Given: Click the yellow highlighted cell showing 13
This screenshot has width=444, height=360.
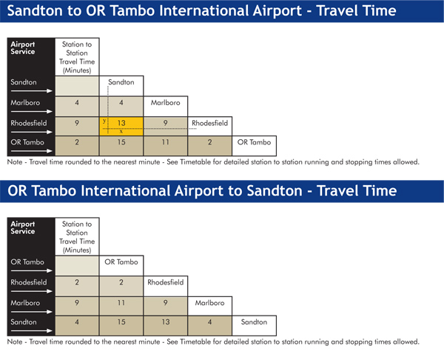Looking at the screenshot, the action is pos(121,126).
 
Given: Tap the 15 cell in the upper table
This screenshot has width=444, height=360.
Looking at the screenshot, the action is pos(121,146).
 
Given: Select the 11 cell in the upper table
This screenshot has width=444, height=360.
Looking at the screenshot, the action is pos(165,146).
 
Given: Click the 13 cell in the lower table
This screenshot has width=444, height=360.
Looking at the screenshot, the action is pos(165,326).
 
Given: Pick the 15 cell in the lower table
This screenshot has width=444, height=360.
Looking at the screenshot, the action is pos(121,326).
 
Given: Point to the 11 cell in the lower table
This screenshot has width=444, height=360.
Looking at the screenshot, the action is pos(121,306).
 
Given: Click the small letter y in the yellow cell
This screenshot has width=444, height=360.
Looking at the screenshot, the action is pos(104,121).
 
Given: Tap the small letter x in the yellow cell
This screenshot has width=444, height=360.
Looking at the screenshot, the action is pos(121,132).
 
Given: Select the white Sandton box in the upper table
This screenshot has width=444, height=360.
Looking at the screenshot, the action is pos(121,86).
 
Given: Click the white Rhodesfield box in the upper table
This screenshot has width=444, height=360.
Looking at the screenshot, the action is pos(210,126).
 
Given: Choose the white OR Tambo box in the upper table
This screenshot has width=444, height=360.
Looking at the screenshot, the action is pos(254,146).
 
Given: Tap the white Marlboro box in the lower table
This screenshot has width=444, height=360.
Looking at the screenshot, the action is pos(210,306).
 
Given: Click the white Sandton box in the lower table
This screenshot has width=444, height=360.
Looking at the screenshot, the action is pos(254,326).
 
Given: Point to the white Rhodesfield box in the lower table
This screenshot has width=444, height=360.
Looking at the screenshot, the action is pos(165,286).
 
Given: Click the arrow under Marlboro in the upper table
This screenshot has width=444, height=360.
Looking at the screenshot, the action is pos(31,111).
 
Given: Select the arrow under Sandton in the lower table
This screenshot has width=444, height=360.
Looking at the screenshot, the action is pos(31,330).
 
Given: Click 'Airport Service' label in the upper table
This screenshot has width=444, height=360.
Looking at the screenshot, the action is pos(23,48).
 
